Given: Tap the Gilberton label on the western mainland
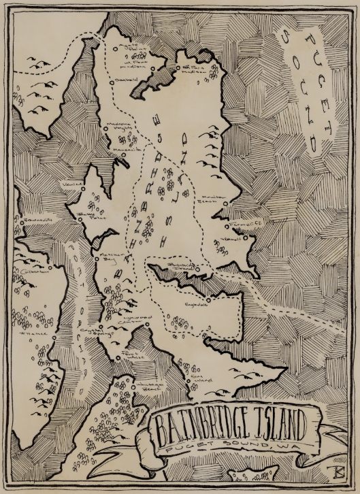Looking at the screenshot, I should tap(31, 270).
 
